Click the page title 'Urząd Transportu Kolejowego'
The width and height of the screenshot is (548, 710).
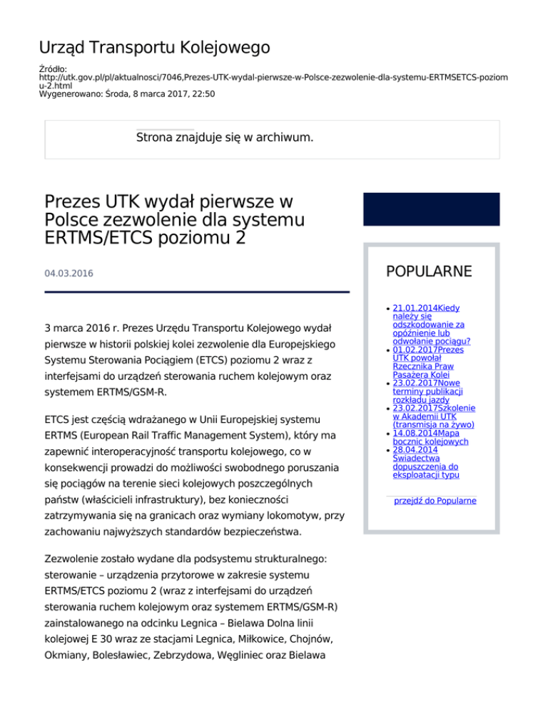154,48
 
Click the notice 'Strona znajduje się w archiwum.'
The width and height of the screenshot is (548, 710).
225,136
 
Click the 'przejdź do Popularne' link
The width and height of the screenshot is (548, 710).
435,501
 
